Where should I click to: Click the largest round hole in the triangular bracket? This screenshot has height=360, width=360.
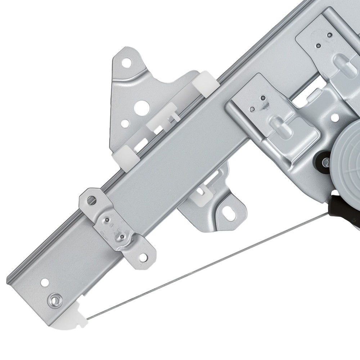click(x=140, y=107)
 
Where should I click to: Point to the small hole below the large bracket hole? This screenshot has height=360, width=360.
click(x=125, y=123)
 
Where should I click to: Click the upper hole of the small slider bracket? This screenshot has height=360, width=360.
click(x=93, y=199)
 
